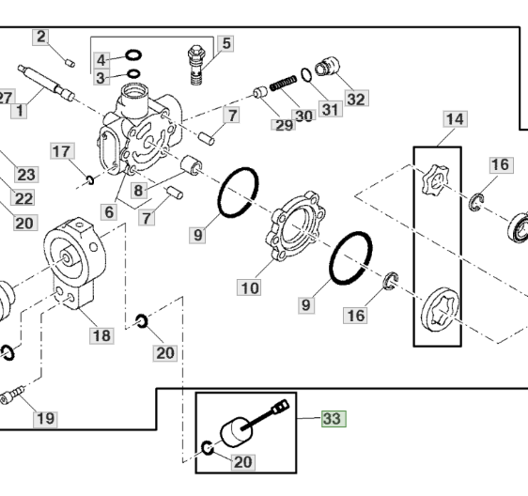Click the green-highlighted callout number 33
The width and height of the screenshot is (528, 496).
(x=334, y=419)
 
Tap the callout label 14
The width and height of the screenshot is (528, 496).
(x=455, y=119)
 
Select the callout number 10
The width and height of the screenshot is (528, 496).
(x=249, y=287)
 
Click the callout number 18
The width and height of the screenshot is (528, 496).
(x=101, y=335)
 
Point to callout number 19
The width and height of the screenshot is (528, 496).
(x=45, y=419)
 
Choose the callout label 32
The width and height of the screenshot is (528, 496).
(x=356, y=99)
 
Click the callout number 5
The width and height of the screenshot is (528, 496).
(x=225, y=43)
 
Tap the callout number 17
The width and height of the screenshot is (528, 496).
(x=63, y=151)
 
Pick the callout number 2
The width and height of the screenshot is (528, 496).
(x=40, y=37)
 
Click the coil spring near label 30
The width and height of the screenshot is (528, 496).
(x=284, y=84)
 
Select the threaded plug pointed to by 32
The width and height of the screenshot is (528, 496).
(x=327, y=67)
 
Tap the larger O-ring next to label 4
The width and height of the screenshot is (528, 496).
(x=133, y=55)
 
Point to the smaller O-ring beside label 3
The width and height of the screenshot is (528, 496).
(x=133, y=74)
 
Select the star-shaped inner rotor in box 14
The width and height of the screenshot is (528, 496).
(x=435, y=179)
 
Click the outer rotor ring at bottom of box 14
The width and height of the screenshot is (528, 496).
(x=441, y=309)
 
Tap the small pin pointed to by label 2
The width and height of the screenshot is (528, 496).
(x=70, y=63)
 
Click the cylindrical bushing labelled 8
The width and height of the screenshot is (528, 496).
(x=192, y=165)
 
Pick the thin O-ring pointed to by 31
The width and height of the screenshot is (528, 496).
(x=306, y=75)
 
